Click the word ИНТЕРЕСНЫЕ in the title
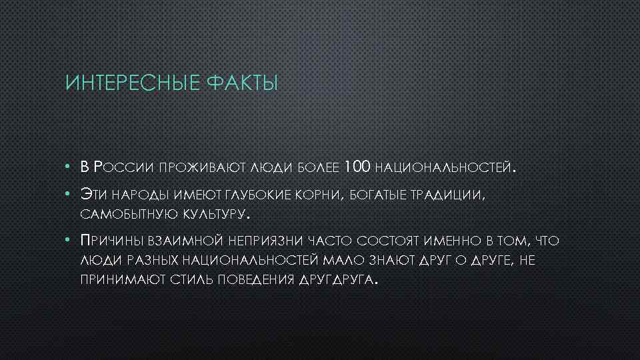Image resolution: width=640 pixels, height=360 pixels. click(131, 84)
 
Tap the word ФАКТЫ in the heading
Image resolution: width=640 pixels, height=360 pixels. click(241, 84)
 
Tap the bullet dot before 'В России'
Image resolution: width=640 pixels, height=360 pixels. click(69, 167)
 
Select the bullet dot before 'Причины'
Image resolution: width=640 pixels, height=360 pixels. click(69, 239)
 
